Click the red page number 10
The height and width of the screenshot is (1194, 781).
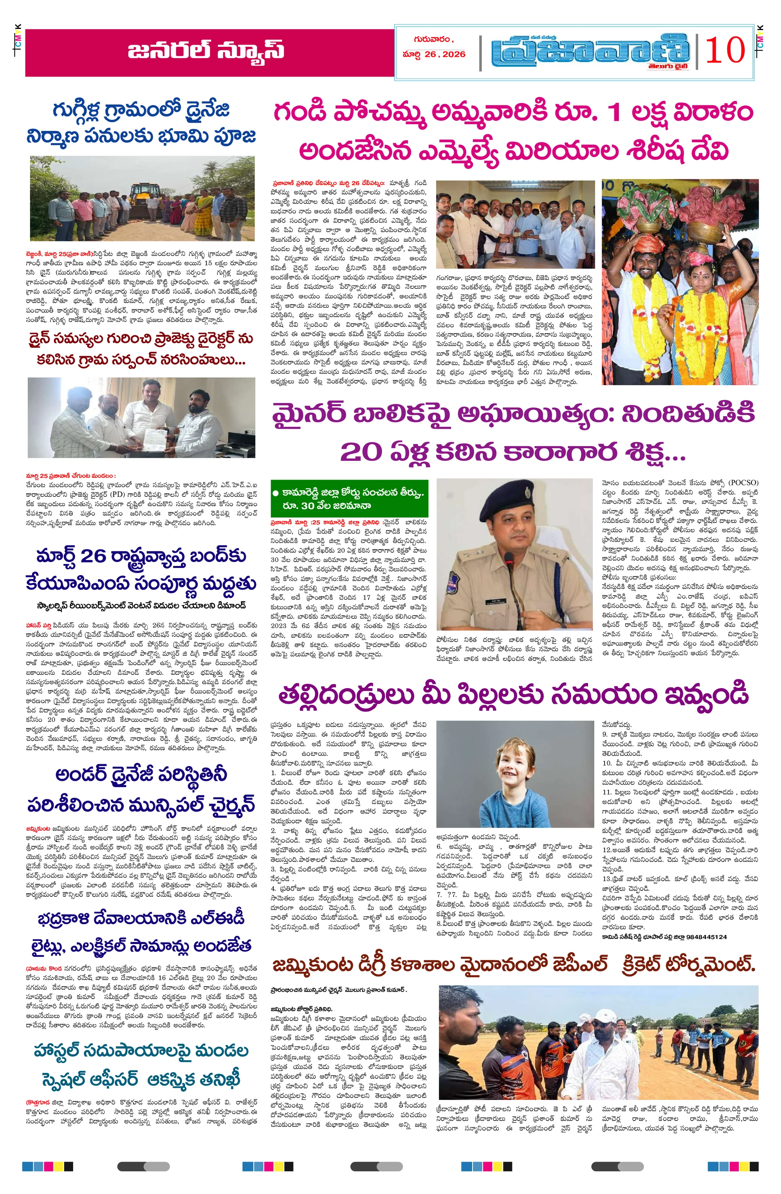click(725, 51)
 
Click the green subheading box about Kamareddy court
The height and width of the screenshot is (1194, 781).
click(349, 500)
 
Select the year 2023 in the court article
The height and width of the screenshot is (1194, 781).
click(278, 626)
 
